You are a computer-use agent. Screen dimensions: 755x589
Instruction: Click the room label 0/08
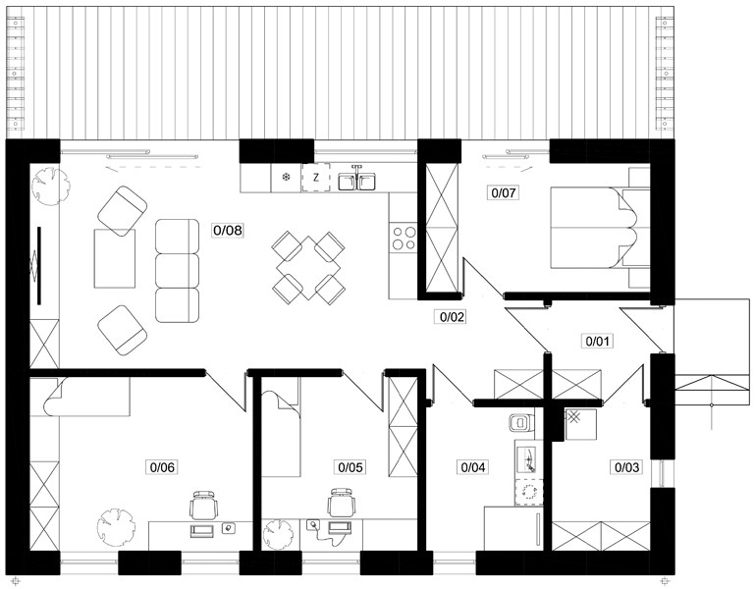click(228, 231)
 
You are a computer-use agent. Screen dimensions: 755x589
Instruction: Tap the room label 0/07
click(504, 193)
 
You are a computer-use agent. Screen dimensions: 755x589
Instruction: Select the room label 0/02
click(451, 317)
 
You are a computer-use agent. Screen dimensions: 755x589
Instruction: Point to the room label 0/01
click(597, 342)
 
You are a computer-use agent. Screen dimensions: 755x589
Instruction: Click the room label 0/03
click(627, 466)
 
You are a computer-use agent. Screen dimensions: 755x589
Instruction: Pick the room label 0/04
click(473, 466)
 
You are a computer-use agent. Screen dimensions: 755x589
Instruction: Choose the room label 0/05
click(351, 466)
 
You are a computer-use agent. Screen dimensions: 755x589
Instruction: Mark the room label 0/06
click(163, 466)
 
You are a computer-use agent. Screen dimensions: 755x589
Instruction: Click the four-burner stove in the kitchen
click(404, 238)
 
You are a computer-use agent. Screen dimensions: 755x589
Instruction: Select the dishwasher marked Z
click(316, 178)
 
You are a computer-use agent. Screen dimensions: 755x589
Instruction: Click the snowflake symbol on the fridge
click(286, 178)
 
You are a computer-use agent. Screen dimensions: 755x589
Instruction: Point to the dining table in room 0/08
click(308, 267)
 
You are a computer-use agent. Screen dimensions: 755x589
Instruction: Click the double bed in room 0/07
click(591, 227)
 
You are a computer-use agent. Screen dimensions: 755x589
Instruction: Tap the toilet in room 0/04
click(521, 422)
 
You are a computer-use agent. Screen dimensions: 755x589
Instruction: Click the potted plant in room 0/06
click(116, 526)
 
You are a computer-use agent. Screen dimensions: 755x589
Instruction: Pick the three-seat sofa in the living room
click(177, 271)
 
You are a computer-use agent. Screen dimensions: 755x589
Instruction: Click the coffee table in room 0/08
click(115, 258)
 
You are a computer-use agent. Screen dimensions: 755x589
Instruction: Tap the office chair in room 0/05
click(343, 503)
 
